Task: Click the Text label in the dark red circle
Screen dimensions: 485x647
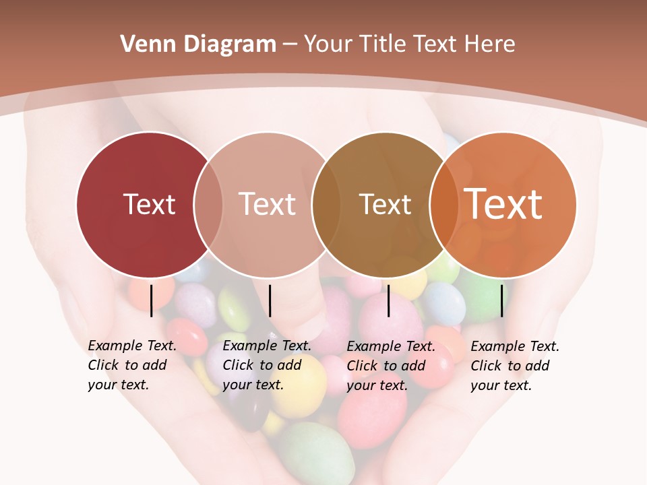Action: (x=149, y=204)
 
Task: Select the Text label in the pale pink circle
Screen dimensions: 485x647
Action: (x=267, y=204)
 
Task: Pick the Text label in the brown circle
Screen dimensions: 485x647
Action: (x=385, y=204)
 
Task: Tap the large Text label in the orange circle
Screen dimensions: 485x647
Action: (x=503, y=203)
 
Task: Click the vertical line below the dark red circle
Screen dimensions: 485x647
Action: (x=151, y=300)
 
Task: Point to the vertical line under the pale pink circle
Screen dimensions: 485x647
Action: (x=270, y=300)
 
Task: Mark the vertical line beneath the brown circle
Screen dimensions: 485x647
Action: (x=388, y=300)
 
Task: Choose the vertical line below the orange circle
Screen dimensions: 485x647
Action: (x=501, y=300)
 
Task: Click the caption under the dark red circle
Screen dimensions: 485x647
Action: (x=132, y=365)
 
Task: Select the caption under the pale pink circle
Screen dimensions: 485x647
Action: (x=267, y=365)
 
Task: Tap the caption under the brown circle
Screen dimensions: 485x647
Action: (x=391, y=366)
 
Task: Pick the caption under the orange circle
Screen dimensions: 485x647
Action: (x=515, y=366)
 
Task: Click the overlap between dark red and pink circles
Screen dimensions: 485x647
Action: (x=208, y=204)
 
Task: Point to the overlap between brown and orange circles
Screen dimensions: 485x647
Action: (x=444, y=204)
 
